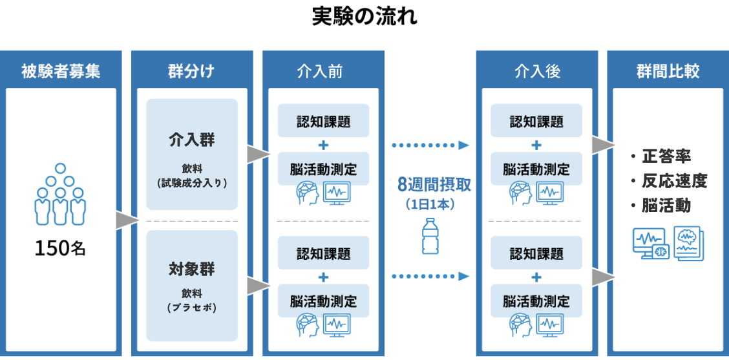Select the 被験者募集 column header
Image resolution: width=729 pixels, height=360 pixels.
click(x=61, y=70)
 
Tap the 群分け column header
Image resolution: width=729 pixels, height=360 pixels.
click(x=192, y=70)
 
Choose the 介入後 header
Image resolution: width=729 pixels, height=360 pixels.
click(x=536, y=70)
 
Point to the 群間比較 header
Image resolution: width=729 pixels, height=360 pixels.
click(x=668, y=70)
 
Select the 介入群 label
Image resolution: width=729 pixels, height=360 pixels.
click(x=191, y=140)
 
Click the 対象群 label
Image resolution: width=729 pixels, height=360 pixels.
click(x=191, y=269)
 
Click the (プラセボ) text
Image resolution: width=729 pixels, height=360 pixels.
click(x=191, y=308)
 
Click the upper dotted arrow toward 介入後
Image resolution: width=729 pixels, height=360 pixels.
click(x=430, y=145)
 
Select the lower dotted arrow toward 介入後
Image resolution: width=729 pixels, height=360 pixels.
click(x=430, y=277)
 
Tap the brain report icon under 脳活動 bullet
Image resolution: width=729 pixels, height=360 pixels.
click(x=688, y=243)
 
